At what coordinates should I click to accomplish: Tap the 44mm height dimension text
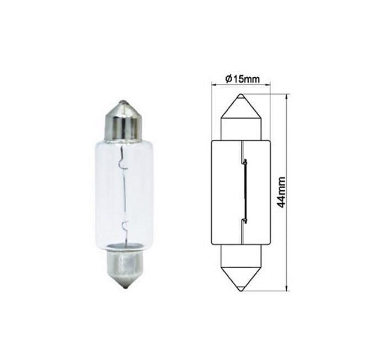coord(281,192)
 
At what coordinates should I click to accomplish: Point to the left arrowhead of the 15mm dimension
coord(214,85)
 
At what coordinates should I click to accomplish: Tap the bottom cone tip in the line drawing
coord(241,289)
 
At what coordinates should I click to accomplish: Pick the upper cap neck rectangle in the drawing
coord(241,128)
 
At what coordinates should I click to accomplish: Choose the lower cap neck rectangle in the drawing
coord(241,255)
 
